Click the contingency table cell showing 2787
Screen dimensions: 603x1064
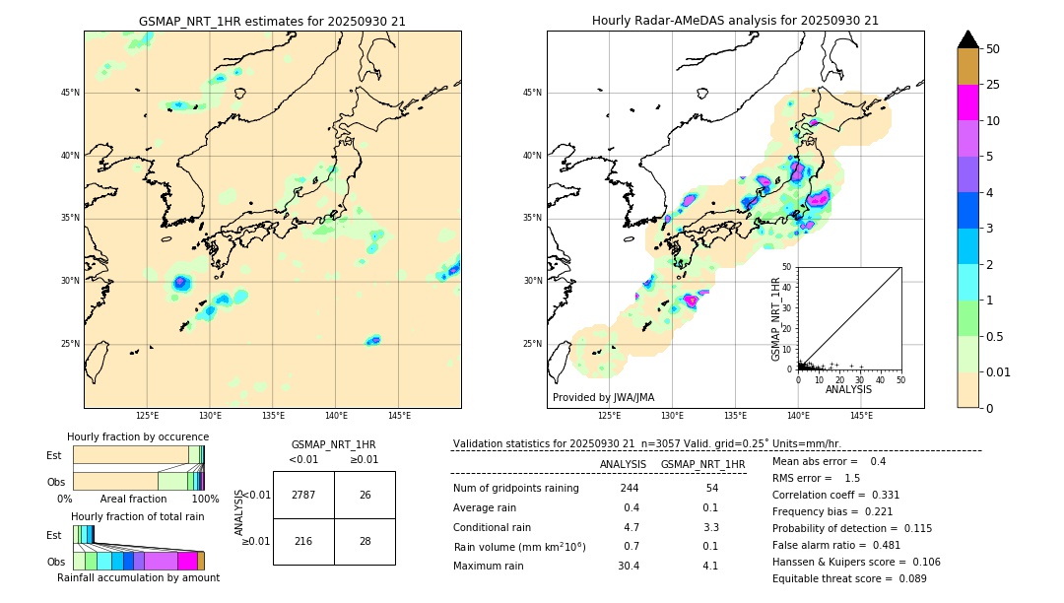tap(303, 495)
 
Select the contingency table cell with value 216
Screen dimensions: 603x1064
tap(303, 542)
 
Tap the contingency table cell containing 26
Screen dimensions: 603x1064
tap(365, 495)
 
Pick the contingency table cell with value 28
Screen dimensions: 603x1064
tap(365, 542)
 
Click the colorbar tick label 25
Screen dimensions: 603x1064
tap(993, 85)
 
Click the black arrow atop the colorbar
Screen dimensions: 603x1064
tap(967, 39)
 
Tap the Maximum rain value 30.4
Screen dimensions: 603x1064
tap(629, 566)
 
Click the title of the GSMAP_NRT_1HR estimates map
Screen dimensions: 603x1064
tap(272, 21)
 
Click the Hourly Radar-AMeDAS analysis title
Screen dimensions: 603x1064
tap(735, 21)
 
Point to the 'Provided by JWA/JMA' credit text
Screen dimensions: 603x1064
tap(603, 397)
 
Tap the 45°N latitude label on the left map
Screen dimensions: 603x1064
tap(70, 93)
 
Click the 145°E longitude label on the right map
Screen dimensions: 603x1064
tap(861, 416)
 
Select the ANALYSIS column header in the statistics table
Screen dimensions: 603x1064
tap(623, 464)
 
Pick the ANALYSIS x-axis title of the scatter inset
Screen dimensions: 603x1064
tap(848, 389)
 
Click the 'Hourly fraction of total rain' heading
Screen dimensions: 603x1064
tap(137, 516)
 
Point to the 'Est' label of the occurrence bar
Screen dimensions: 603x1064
tap(54, 455)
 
